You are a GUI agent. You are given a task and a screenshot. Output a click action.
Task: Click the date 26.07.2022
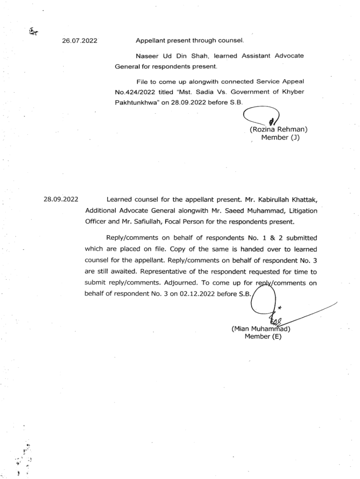coord(79,41)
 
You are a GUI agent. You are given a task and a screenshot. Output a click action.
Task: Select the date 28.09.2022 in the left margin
coord(61,199)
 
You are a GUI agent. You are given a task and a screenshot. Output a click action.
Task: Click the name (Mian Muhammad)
coord(261,328)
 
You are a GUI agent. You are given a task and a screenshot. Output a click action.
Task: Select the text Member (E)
coord(263,336)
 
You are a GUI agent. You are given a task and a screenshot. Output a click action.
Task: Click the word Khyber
coord(293,92)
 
